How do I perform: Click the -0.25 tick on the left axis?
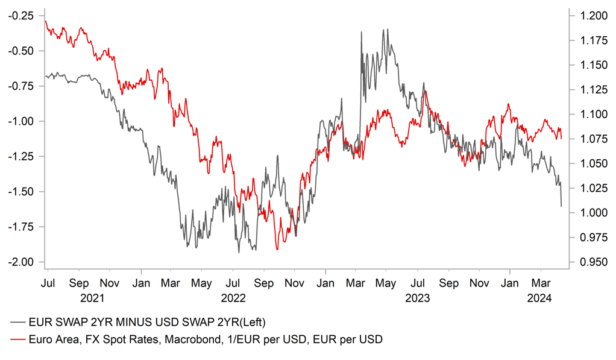point(21,16)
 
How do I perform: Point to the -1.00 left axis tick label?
point(21,121)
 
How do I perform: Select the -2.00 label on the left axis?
point(21,262)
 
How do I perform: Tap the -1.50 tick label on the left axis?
point(21,192)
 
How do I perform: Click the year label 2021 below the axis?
point(93,297)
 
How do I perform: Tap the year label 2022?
point(233,297)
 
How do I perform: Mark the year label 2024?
point(541,297)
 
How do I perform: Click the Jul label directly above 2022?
point(233,282)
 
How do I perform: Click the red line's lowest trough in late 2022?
point(277,249)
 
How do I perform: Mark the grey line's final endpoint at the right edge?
point(561,206)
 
